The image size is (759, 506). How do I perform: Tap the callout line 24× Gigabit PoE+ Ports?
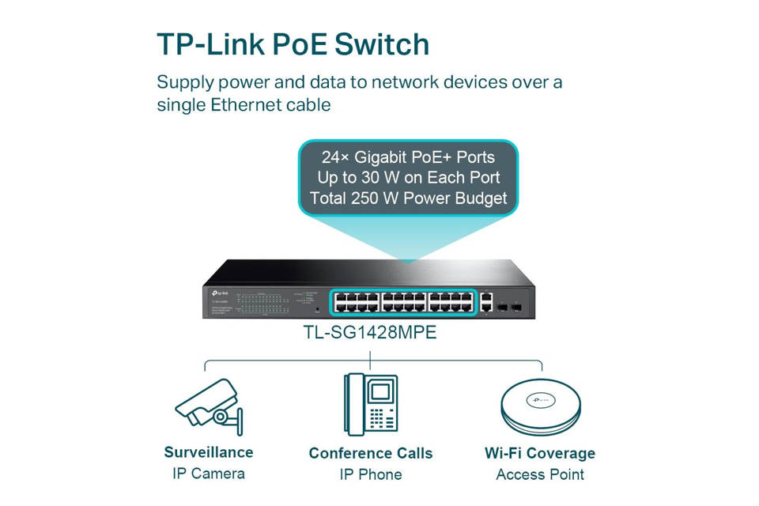click(408, 156)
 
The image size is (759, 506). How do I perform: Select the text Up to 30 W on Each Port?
click(408, 177)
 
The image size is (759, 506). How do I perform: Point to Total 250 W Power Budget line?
click(408, 198)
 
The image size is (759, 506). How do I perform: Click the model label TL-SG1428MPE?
click(369, 333)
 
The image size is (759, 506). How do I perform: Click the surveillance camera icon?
click(207, 406)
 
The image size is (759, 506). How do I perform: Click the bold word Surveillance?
click(208, 452)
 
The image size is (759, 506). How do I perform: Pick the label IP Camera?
click(208, 474)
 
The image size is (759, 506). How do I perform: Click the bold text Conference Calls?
click(370, 453)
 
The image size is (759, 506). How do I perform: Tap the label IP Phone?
click(370, 474)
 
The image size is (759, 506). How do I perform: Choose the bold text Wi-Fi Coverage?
click(539, 453)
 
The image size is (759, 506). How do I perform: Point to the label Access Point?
click(539, 474)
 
